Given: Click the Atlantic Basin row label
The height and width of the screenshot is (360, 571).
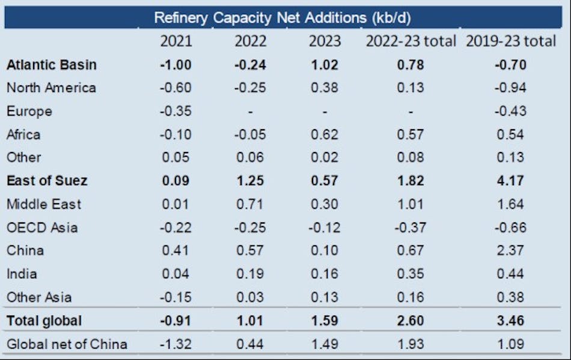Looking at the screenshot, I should (x=51, y=64).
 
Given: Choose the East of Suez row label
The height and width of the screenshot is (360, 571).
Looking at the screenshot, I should (x=47, y=180).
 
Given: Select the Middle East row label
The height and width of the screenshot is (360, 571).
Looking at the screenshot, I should (x=44, y=204).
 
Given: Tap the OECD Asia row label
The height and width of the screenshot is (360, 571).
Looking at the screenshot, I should (x=42, y=227).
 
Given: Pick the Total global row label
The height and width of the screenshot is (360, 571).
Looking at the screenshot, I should (x=44, y=321).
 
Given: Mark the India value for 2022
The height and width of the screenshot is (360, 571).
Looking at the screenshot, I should (x=251, y=274).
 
